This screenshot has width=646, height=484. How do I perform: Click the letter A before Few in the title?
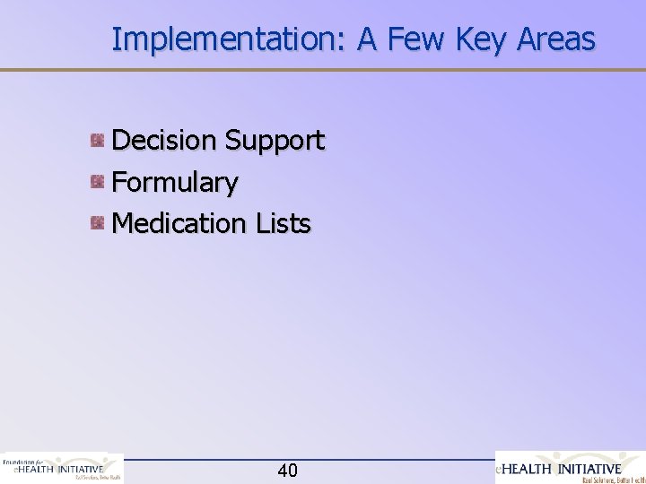370,39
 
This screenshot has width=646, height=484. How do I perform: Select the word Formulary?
175,183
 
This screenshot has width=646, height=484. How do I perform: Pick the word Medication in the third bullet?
178,222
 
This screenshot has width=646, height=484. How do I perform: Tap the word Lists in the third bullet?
281,222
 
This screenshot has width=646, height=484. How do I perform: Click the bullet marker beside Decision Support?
98,140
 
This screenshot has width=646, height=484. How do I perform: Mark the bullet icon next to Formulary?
98,182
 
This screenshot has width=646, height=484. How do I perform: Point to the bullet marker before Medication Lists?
98,222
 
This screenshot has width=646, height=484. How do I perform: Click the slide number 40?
288,471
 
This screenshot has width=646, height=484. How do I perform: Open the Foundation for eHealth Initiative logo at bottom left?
62,468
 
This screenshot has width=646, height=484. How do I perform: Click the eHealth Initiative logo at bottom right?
571,468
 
